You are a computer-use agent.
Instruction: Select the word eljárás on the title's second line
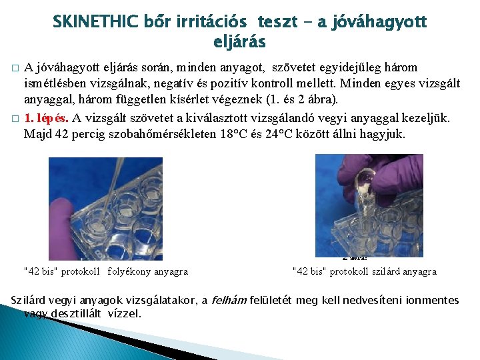239,42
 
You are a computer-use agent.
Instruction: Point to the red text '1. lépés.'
47,119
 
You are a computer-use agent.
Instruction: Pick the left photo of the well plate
105,208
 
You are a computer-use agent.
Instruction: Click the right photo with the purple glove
369,205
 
